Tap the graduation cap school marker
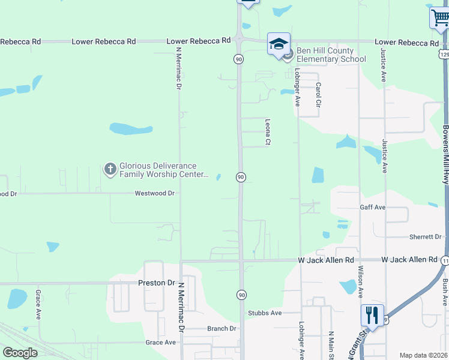click(x=279, y=44)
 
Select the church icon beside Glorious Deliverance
click(x=110, y=169)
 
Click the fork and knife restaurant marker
click(x=372, y=314)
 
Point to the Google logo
click(x=20, y=353)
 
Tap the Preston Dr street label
click(x=156, y=283)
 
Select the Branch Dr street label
click(x=222, y=329)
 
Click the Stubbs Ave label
click(x=265, y=313)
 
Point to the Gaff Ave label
click(x=372, y=207)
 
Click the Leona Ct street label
click(x=268, y=131)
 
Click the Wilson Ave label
click(x=361, y=282)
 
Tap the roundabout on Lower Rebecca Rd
click(x=240, y=41)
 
